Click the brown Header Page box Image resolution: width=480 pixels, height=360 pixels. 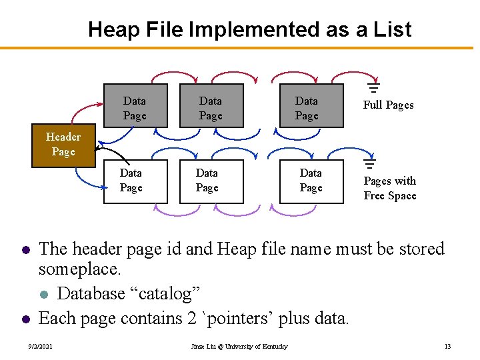point(63,145)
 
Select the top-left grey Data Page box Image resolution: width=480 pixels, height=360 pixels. point(135,108)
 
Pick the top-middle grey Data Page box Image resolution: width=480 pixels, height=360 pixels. point(211,108)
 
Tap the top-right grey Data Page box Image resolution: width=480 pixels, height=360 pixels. point(307,108)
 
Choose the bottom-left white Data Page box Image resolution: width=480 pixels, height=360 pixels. point(131,180)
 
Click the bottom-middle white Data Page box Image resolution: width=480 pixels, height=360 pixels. point(207,180)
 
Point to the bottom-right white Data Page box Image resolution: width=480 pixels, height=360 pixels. point(311,180)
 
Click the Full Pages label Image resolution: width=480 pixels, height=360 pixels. point(388,105)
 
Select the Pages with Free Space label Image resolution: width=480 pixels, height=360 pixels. point(390,188)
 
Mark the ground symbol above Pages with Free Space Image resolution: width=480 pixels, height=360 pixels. point(369,163)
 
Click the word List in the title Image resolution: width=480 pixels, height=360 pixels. point(394,30)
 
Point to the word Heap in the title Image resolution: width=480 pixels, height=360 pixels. point(113,30)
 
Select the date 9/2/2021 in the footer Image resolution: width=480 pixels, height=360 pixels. point(41,346)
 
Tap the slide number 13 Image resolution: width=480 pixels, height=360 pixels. point(447,346)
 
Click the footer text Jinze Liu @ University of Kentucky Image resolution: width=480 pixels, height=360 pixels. point(239,346)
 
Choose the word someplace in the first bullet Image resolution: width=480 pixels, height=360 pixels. point(79,270)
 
